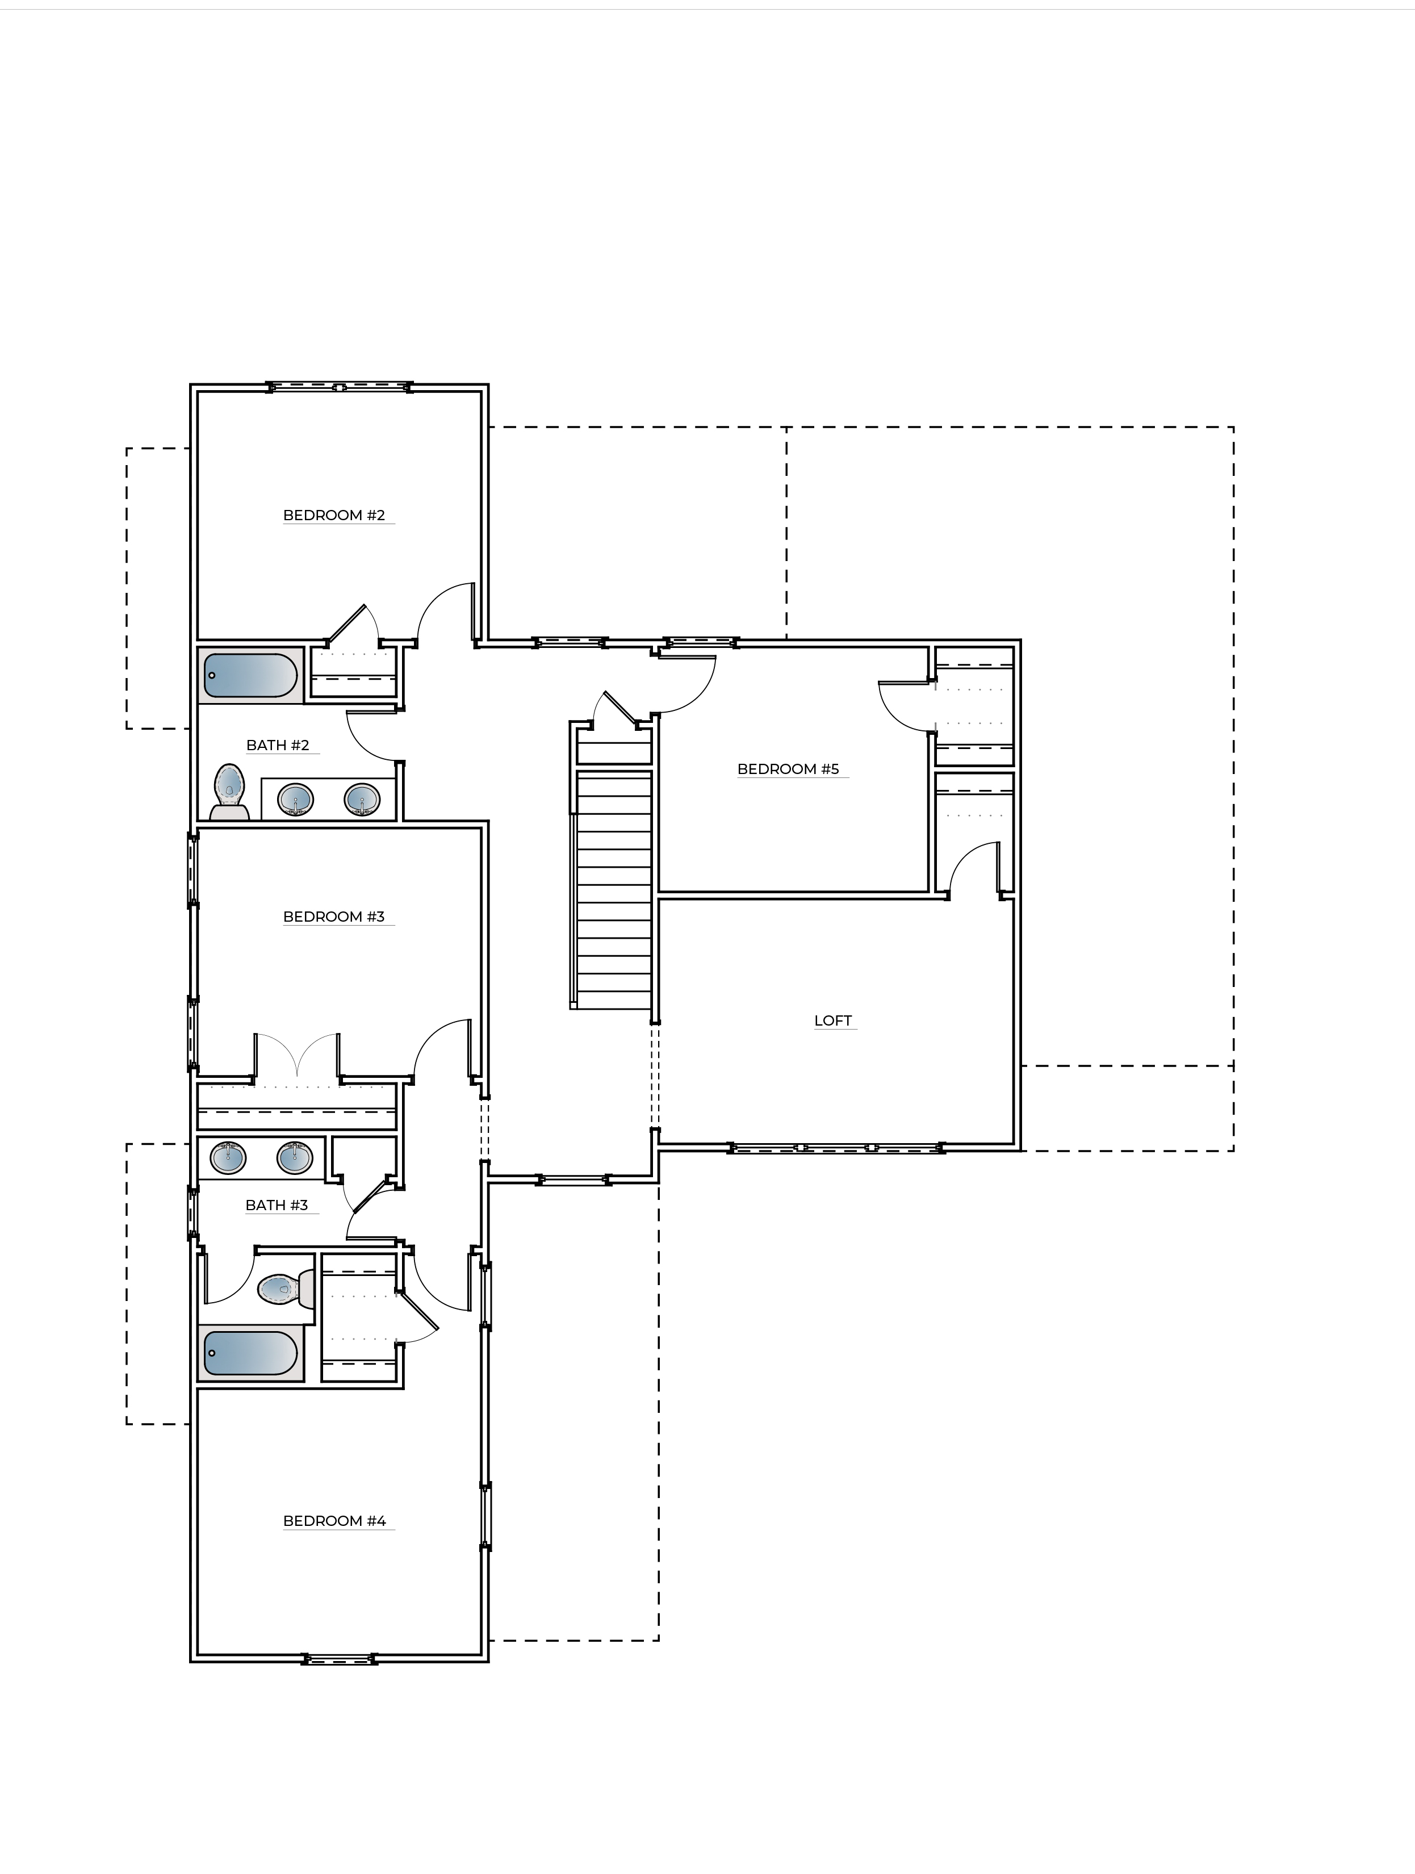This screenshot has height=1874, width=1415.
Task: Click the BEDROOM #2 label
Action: click(x=334, y=515)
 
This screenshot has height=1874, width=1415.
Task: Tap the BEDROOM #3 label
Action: click(x=334, y=917)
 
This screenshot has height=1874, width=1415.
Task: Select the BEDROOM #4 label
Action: click(x=334, y=1521)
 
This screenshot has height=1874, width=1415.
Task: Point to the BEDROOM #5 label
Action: click(x=788, y=769)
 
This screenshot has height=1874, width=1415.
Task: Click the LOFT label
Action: click(x=833, y=1021)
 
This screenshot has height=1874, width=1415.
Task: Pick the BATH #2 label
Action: click(x=278, y=746)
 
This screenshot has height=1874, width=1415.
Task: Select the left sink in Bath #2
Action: click(x=296, y=799)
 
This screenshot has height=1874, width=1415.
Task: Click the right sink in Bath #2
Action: click(x=362, y=799)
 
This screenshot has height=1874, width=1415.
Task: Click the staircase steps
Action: click(x=613, y=889)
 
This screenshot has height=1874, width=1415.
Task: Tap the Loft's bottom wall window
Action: click(x=836, y=1149)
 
